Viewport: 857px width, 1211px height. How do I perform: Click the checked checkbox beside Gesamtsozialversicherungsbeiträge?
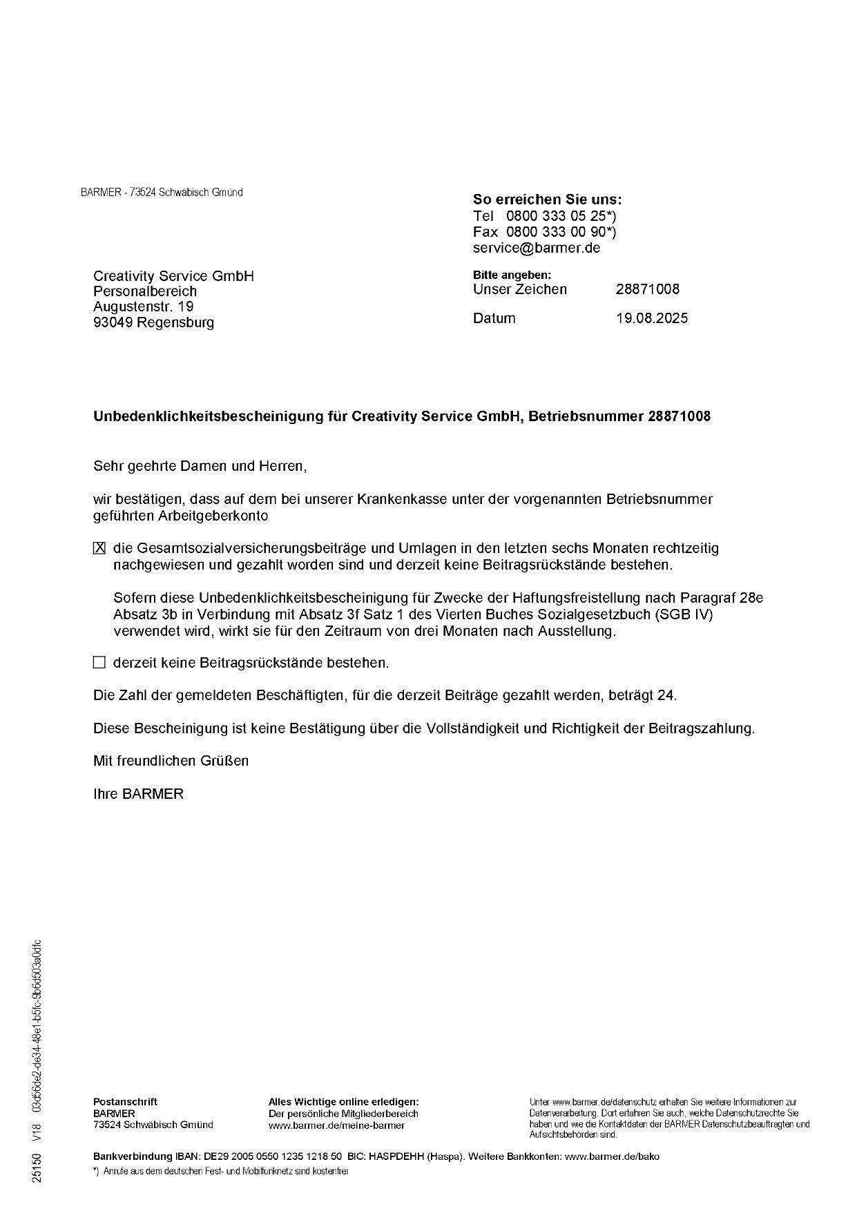pyautogui.click(x=99, y=548)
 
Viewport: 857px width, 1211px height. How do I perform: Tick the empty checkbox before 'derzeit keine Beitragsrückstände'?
pyautogui.click(x=99, y=663)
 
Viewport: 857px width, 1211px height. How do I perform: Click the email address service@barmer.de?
pyautogui.click(x=537, y=248)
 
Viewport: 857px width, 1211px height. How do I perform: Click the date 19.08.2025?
pyautogui.click(x=651, y=318)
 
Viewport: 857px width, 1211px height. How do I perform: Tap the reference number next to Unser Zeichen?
pyautogui.click(x=647, y=289)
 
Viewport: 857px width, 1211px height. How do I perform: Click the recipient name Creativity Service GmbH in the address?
pyautogui.click(x=173, y=276)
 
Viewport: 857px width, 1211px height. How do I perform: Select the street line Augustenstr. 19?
pyautogui.click(x=144, y=306)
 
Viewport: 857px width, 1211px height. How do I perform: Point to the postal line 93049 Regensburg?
pyautogui.click(x=153, y=322)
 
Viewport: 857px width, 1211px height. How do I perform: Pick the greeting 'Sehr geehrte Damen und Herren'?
pyautogui.click(x=200, y=466)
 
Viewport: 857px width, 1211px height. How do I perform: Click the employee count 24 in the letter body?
pyautogui.click(x=665, y=695)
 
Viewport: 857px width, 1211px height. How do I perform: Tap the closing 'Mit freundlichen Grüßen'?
pyautogui.click(x=171, y=761)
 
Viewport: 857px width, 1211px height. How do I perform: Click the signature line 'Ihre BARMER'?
pyautogui.click(x=138, y=794)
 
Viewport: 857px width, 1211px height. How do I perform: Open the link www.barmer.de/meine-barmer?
pyautogui.click(x=336, y=1125)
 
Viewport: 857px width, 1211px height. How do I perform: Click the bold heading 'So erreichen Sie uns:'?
pyautogui.click(x=547, y=200)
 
